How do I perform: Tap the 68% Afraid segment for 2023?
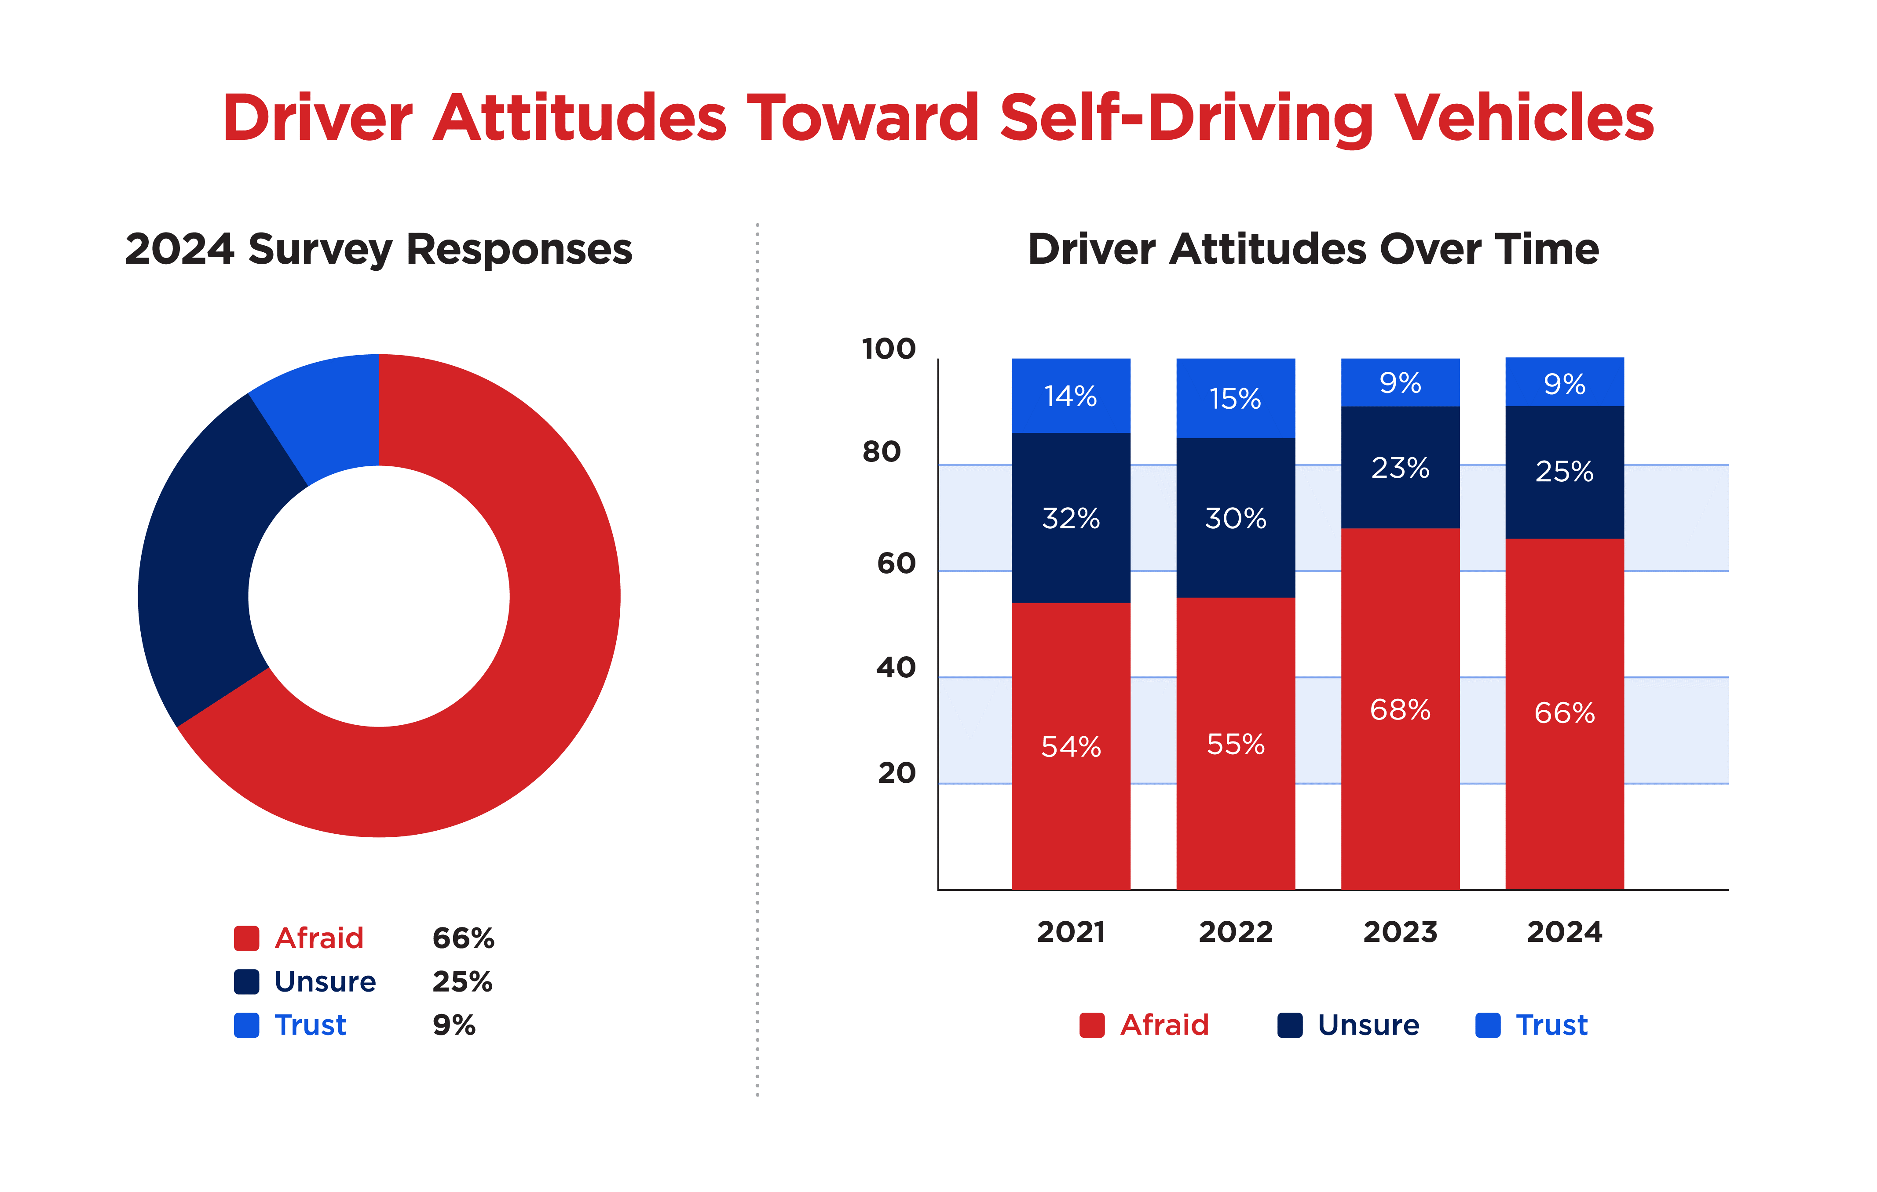(1400, 709)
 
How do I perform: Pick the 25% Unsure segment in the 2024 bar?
(1564, 471)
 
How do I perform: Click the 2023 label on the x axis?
(1400, 932)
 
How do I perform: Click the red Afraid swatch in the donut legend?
(246, 938)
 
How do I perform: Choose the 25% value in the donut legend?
(462, 981)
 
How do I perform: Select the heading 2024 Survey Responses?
(379, 249)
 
